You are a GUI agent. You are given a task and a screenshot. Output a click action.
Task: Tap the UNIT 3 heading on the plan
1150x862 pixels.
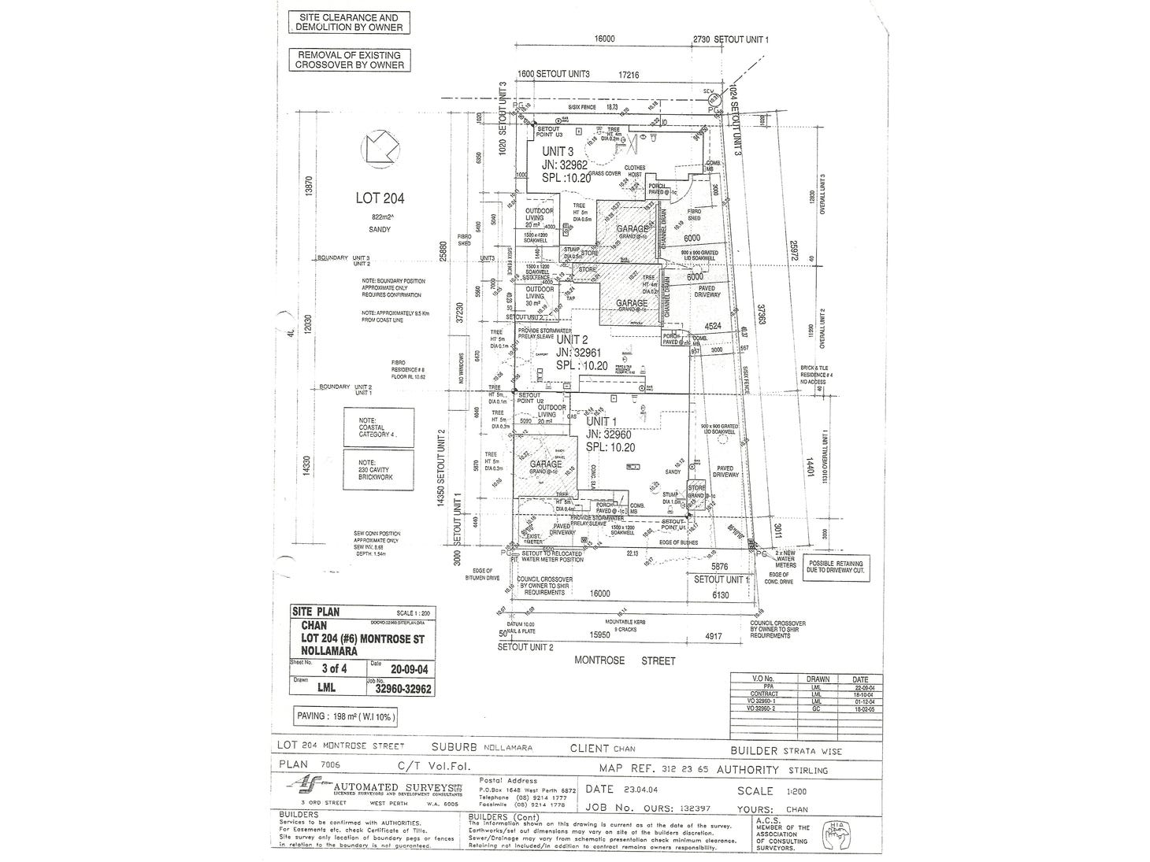557,152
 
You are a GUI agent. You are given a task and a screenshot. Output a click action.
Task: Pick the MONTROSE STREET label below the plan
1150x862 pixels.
625,661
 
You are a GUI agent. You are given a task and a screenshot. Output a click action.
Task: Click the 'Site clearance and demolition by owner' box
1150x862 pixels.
348,22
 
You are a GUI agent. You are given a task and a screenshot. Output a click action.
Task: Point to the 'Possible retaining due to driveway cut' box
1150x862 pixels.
837,569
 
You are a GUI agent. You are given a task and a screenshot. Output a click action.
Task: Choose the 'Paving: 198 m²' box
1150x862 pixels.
347,716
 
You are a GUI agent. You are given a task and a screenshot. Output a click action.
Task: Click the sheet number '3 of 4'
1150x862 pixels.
323,671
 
